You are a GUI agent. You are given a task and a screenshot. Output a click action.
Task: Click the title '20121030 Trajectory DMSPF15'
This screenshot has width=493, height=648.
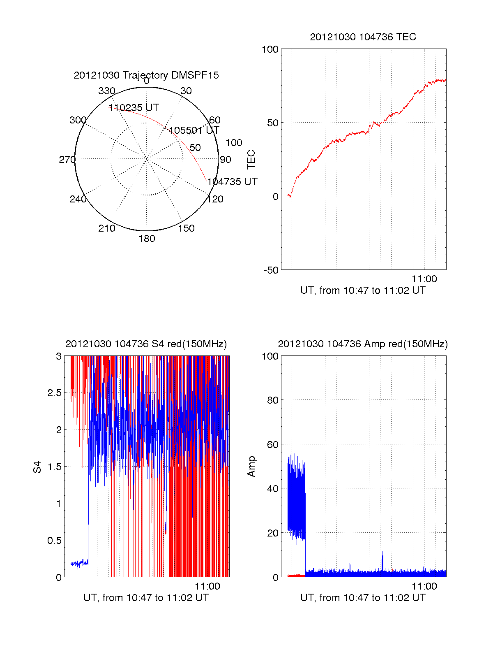146,75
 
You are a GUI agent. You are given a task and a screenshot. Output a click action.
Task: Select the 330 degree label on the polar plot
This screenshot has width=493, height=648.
107,91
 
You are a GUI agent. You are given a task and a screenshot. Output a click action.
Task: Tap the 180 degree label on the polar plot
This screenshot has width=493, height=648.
147,239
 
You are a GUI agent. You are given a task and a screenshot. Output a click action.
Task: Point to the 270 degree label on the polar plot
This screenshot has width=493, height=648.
67,160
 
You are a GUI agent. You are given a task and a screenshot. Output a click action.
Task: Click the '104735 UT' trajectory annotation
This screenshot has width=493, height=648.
232,182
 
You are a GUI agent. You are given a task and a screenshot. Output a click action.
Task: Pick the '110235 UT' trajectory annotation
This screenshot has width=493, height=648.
134,108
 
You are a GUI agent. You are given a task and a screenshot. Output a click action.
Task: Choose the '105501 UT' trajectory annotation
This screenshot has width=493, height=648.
194,130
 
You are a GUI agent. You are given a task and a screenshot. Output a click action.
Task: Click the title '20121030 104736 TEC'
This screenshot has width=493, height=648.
363,37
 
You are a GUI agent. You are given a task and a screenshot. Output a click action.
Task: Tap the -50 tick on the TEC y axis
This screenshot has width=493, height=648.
271,270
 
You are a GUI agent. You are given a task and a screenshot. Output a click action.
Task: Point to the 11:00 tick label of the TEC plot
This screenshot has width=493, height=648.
424,279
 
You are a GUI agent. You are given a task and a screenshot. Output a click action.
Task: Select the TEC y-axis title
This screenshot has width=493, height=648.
251,160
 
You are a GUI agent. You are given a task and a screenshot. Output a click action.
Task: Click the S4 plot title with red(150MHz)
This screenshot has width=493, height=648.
146,344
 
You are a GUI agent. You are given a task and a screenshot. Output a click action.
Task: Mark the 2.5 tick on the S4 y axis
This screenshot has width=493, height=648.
55,393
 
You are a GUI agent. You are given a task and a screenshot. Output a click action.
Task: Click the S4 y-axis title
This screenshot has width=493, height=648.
37,467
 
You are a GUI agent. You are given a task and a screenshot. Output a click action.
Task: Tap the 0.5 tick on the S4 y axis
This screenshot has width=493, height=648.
55,541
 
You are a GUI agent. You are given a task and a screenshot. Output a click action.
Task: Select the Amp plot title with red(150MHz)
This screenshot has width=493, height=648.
363,344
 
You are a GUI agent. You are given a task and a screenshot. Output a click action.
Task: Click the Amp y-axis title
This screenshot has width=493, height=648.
251,467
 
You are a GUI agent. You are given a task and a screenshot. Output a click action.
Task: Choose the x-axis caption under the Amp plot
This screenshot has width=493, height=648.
363,598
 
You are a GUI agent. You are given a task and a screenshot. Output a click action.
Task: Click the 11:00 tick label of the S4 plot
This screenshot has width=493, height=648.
207,586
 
